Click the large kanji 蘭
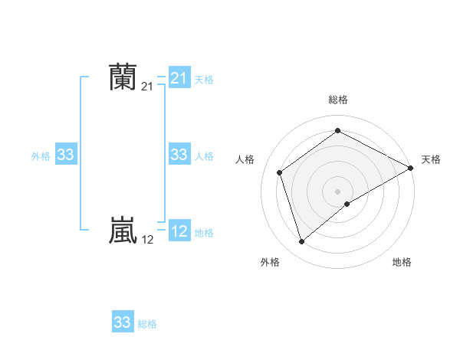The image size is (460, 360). pyautogui.click(x=123, y=77)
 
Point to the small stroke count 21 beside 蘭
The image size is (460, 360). pyautogui.click(x=148, y=87)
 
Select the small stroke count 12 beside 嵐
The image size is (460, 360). pyautogui.click(x=148, y=240)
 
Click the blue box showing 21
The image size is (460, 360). pyautogui.click(x=179, y=78)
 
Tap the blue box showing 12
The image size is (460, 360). pyautogui.click(x=179, y=231)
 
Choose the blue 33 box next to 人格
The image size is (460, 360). pyautogui.click(x=179, y=155)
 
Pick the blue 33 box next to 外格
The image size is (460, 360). pyautogui.click(x=66, y=155)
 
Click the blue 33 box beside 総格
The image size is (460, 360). pyautogui.click(x=123, y=322)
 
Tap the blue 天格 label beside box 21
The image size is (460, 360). pyautogui.click(x=204, y=79)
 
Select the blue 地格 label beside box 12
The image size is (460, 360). pyautogui.click(x=204, y=233)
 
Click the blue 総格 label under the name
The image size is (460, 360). pyautogui.click(x=147, y=324)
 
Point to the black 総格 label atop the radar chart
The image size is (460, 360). pyautogui.click(x=338, y=100)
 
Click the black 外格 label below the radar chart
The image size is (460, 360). pyautogui.click(x=270, y=262)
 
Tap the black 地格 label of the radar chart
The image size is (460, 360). pyautogui.click(x=402, y=262)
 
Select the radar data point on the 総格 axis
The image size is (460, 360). pyautogui.click(x=338, y=131)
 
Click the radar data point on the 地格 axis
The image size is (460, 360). pyautogui.click(x=347, y=204)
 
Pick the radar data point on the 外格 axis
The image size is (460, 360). pyautogui.click(x=301, y=242)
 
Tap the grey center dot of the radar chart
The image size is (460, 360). pyautogui.click(x=338, y=191)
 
